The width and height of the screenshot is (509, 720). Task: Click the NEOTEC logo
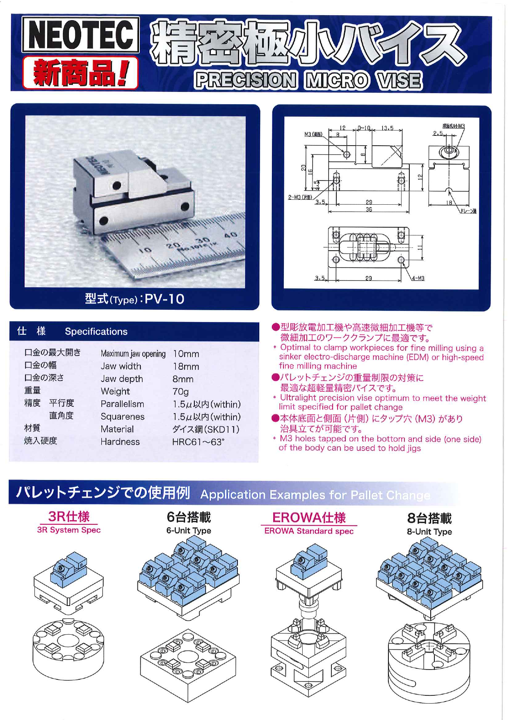coord(80,35)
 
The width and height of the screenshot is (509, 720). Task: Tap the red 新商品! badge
coord(80,73)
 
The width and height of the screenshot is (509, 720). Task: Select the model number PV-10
coord(164,299)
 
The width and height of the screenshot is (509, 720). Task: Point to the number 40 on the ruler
coord(231,235)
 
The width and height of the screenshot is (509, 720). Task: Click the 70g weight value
coord(180,392)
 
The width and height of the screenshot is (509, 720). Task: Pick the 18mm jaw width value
coord(186,367)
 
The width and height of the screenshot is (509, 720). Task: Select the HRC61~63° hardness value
coord(198,442)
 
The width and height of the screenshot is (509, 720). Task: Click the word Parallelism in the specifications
coord(122,404)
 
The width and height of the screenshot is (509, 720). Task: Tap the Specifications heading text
coord(96,331)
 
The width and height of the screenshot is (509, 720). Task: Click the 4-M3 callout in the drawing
coord(418,279)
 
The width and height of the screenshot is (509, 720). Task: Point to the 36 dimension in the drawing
coord(369,210)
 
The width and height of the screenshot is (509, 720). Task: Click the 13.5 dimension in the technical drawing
coord(387,128)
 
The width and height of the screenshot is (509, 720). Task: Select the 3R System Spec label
coord(68,530)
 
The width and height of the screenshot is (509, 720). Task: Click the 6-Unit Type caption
coord(189,531)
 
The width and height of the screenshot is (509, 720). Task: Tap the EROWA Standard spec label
coord(308,531)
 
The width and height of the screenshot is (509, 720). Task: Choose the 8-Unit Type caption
coord(429,532)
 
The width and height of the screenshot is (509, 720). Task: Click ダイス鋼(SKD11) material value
coord(205,430)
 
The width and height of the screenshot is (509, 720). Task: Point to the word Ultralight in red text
coord(298,398)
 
